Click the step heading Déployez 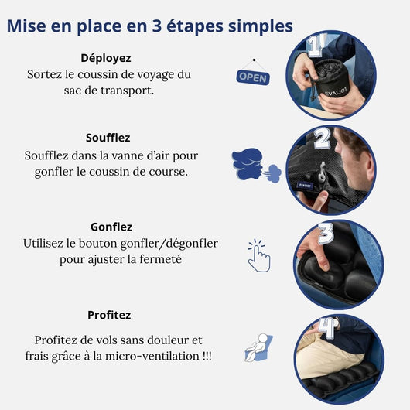point(106,58)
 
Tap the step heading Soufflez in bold point(108,138)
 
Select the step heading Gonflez point(111,227)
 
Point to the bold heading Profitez point(109,315)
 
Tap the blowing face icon point(257,165)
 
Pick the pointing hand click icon point(259,256)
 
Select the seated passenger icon point(258,347)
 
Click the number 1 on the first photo point(316,46)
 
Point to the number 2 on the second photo point(322,138)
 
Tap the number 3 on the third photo point(326,234)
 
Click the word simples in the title point(261,26)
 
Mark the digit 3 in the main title point(156,26)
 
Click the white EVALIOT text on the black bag point(337,92)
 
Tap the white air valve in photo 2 point(322,172)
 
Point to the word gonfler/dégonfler point(169,244)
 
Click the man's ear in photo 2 point(366,163)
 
